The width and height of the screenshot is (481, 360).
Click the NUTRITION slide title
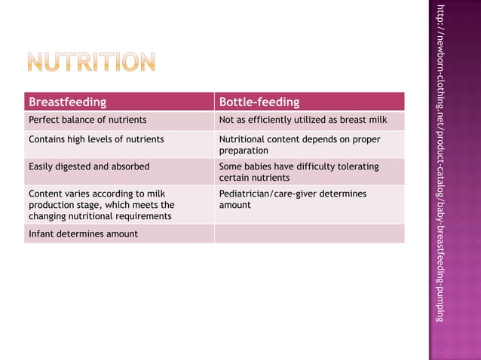click(x=92, y=63)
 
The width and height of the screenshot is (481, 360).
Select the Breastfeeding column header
click(x=67, y=102)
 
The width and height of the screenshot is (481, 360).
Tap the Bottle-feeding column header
click(x=259, y=102)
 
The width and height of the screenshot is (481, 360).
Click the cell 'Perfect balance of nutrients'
click(x=87, y=120)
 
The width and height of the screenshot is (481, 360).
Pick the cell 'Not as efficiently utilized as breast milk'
click(x=302, y=120)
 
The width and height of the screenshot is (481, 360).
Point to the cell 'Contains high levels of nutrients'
click(x=96, y=139)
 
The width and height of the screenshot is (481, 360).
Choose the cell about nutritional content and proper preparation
click(x=299, y=145)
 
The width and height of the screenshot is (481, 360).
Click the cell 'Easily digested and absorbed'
click(x=89, y=166)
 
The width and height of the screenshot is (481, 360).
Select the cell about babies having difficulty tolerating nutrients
click(x=299, y=172)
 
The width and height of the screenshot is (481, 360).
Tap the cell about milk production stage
click(x=101, y=205)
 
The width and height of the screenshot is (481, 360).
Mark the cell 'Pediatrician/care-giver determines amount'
click(x=293, y=200)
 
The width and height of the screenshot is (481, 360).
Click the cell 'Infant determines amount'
click(x=83, y=233)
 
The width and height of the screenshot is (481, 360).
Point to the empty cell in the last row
click(x=309, y=233)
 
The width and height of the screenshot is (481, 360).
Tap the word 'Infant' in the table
click(x=41, y=233)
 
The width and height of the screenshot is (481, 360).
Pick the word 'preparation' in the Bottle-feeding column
click(x=243, y=151)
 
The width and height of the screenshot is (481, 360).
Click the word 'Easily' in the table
click(x=42, y=166)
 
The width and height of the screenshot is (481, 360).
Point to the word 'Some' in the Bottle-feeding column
click(x=231, y=166)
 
